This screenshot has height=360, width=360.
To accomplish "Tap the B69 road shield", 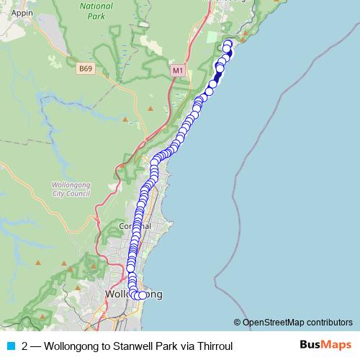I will (x=86, y=68).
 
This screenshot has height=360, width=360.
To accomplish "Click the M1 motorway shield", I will (x=178, y=70).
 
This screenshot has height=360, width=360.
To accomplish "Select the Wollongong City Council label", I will (x=71, y=189).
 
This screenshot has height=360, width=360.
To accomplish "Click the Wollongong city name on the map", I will (x=133, y=295).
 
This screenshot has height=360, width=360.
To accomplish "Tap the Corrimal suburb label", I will (x=134, y=226).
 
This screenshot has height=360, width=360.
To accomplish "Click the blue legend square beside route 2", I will (x=10, y=346).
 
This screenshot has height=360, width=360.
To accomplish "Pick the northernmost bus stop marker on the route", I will (x=228, y=43).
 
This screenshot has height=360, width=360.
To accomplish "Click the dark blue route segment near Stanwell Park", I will (x=218, y=76).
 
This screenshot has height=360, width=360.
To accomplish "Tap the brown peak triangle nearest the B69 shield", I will (x=125, y=118).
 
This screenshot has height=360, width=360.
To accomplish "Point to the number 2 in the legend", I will (x=25, y=346).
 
